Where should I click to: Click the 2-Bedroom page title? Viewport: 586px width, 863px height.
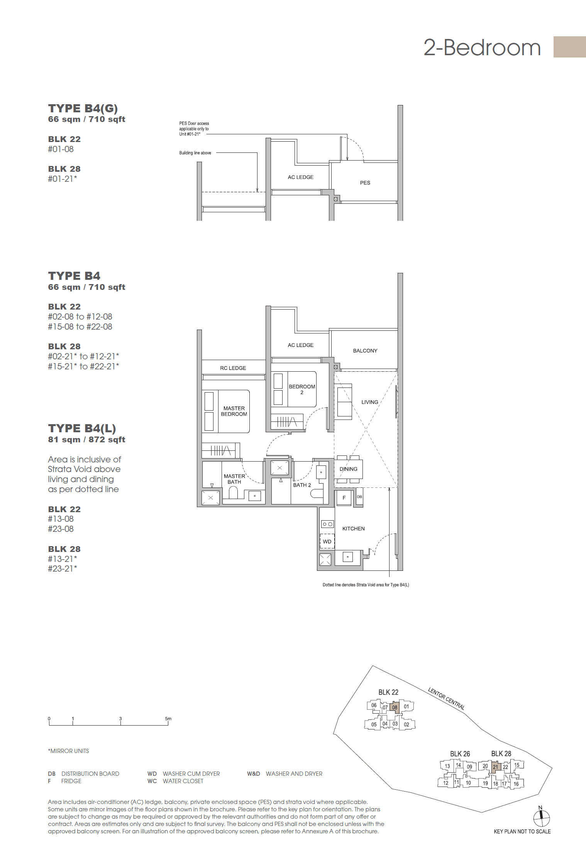coord(482,48)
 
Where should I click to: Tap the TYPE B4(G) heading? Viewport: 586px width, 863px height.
coord(83,108)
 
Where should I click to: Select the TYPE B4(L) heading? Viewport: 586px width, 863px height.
coord(82,428)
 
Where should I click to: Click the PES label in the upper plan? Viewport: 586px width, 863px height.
coord(365,183)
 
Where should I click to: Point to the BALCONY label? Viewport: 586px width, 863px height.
coord(365,351)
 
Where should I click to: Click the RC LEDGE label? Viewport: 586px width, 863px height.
coord(233,368)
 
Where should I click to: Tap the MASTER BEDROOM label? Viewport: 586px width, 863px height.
coord(234,411)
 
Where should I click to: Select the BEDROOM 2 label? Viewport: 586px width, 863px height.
coord(302,389)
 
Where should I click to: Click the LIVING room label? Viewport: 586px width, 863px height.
coord(369,402)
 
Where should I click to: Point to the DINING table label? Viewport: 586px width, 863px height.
coord(348,469)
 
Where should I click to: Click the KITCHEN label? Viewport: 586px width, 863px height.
coord(353,529)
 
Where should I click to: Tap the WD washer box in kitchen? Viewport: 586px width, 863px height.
coord(327,541)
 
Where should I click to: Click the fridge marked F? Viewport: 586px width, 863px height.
coord(344,498)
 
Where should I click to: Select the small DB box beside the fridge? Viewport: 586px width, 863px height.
coord(359,497)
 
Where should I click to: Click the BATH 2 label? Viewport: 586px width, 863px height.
coord(302,485)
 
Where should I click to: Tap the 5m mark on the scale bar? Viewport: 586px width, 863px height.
coord(168,719)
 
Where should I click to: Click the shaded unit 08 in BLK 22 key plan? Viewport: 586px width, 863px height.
coord(395,707)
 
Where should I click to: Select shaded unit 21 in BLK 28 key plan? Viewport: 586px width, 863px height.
coord(495,767)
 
